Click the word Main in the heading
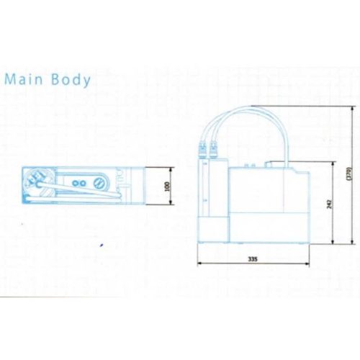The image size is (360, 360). pyautogui.click(x=24, y=79)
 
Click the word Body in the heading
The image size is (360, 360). pyautogui.click(x=71, y=80)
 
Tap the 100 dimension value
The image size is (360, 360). pyautogui.click(x=167, y=186)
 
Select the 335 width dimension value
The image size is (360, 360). pyautogui.click(x=253, y=259)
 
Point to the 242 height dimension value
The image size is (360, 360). pyautogui.click(x=329, y=204)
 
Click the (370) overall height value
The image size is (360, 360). pyautogui.click(x=349, y=174)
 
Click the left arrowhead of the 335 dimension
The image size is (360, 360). pyautogui.click(x=199, y=264)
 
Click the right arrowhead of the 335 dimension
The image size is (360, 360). pyautogui.click(x=307, y=264)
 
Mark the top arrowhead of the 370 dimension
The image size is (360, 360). pyautogui.click(x=352, y=109)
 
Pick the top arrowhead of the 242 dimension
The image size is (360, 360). pyautogui.click(x=333, y=164)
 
